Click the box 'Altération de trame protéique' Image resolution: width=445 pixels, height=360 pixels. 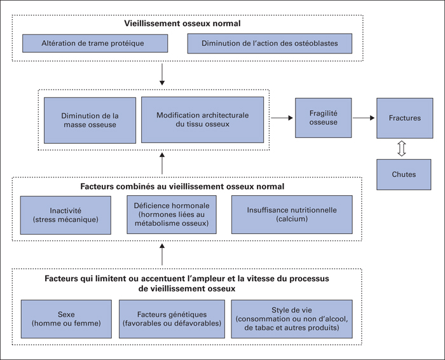95,43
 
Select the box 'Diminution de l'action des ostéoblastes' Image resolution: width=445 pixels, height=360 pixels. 270,43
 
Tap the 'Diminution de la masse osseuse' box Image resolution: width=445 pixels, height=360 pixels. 90,120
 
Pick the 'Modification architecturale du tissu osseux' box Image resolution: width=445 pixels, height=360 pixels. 202,120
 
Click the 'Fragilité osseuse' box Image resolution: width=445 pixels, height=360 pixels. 323,118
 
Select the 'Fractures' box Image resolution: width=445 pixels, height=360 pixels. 405,118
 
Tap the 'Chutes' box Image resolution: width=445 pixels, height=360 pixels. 404,174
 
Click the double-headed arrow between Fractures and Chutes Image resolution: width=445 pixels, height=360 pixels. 401,148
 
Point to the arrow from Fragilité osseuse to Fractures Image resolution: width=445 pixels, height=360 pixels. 364,118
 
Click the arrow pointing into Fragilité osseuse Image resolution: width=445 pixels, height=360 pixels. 282,118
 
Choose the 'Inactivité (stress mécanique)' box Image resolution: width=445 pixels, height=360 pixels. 65,215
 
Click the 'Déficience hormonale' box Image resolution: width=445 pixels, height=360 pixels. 172,214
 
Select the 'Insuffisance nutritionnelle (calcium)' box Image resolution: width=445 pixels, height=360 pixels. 292,214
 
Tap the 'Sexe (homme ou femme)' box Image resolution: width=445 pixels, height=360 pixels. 66,319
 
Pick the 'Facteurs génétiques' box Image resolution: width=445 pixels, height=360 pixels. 172,319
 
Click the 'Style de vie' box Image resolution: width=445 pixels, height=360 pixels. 292,319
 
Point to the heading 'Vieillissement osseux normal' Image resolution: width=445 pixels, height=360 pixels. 182,24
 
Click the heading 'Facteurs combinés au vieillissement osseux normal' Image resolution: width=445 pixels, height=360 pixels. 182,186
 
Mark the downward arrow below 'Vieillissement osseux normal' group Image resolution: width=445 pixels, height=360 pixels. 162,74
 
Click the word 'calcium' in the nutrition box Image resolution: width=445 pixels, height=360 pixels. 292,219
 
